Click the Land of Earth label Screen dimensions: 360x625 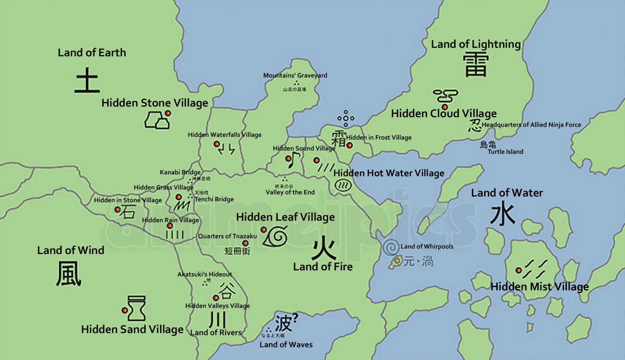coord(92,53)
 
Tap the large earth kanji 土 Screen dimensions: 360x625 coord(87,80)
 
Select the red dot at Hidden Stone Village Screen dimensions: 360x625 coord(168,113)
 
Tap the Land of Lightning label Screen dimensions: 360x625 coord(476,44)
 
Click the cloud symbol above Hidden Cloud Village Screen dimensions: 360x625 coord(445,95)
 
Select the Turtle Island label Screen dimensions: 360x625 coord(505,152)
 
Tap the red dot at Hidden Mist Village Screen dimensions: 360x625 coord(518,270)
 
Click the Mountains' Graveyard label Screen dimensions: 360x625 coord(295,75)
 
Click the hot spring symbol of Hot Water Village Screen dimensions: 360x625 coord(343,186)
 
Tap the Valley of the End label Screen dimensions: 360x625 coord(290,192)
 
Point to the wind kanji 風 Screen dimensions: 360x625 coord(69,273)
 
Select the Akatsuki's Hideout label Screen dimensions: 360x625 coord(205,274)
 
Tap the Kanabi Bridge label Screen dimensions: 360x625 coord(180,172)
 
